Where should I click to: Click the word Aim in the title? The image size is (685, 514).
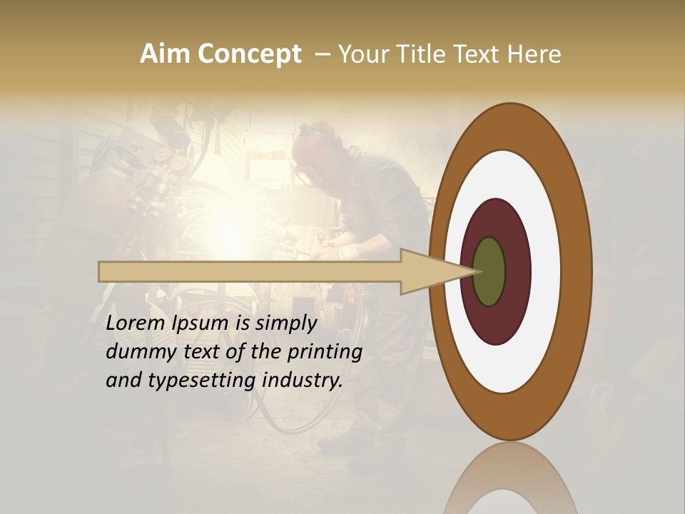coord(166,54)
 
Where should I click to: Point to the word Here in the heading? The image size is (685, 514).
coord(534,54)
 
